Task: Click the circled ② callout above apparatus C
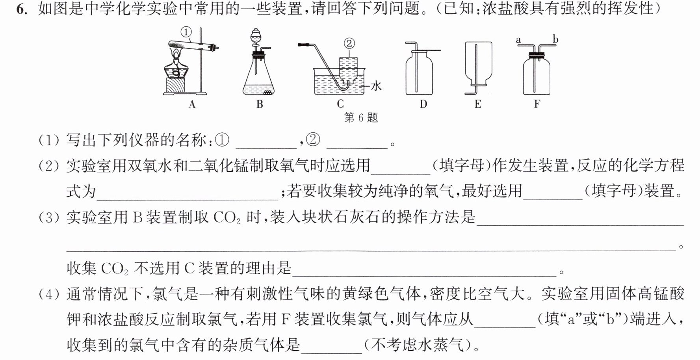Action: pos(349,43)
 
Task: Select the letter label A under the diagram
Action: pos(192,104)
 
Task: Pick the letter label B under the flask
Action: pos(260,104)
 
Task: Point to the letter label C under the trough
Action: pos(340,104)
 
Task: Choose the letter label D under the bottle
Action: pos(423,104)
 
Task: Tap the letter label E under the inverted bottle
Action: pos(478,104)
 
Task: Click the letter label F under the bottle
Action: pos(537,104)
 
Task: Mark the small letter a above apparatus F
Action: pos(518,40)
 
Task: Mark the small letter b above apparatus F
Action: pos(555,39)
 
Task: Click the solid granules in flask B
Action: pos(268,93)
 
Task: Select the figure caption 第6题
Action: pos(361,117)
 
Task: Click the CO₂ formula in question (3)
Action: pos(227,217)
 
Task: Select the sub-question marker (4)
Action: pos(49,294)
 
